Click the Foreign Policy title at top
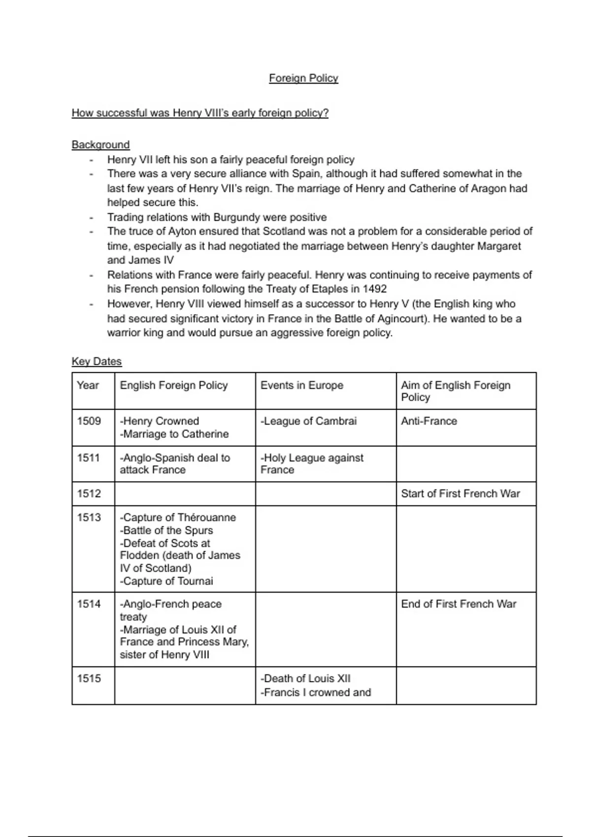pyautogui.click(x=303, y=78)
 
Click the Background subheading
pyautogui.click(x=100, y=145)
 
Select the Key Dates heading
pyautogui.click(x=97, y=361)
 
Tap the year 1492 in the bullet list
pyautogui.click(x=374, y=289)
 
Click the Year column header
pyautogui.click(x=88, y=386)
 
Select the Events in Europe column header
pyautogui.click(x=301, y=386)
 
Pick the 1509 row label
pyautogui.click(x=89, y=421)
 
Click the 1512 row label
pyautogui.click(x=89, y=494)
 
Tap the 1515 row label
pyautogui.click(x=89, y=678)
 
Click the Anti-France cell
pyautogui.click(x=428, y=421)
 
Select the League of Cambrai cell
pyautogui.click(x=309, y=421)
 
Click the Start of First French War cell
pyautogui.click(x=460, y=494)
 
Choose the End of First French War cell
pyautogui.click(x=458, y=604)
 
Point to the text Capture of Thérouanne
pyautogui.click(x=178, y=517)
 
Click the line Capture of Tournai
pyautogui.click(x=166, y=581)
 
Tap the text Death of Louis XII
pyautogui.click(x=306, y=678)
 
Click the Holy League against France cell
pyautogui.click(x=311, y=464)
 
